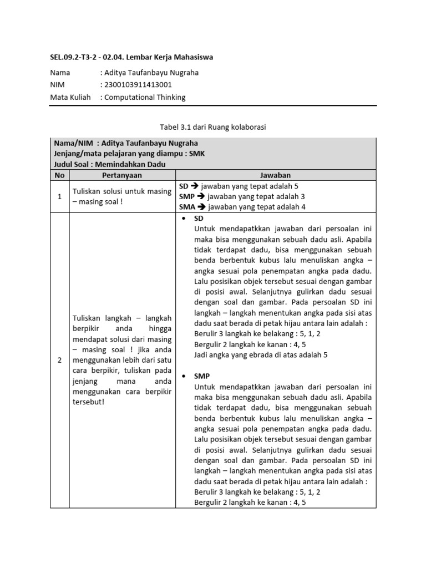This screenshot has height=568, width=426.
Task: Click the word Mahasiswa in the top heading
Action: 192,57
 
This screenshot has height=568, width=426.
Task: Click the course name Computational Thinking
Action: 145,97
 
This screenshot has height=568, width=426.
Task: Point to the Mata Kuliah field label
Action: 70,97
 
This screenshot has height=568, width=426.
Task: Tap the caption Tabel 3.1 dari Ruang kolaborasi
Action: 213,127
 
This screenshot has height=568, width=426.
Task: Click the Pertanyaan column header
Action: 122,175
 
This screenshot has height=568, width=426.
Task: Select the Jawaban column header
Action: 276,175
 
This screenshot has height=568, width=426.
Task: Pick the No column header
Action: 59,175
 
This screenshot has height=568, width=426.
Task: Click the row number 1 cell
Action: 59,196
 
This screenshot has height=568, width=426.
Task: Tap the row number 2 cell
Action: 59,360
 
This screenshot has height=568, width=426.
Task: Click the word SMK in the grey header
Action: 197,154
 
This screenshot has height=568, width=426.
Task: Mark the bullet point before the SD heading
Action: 184,219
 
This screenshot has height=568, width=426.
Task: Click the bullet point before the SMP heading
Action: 184,376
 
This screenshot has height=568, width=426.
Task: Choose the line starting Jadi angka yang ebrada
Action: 261,355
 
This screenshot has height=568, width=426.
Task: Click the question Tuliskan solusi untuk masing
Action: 122,191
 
